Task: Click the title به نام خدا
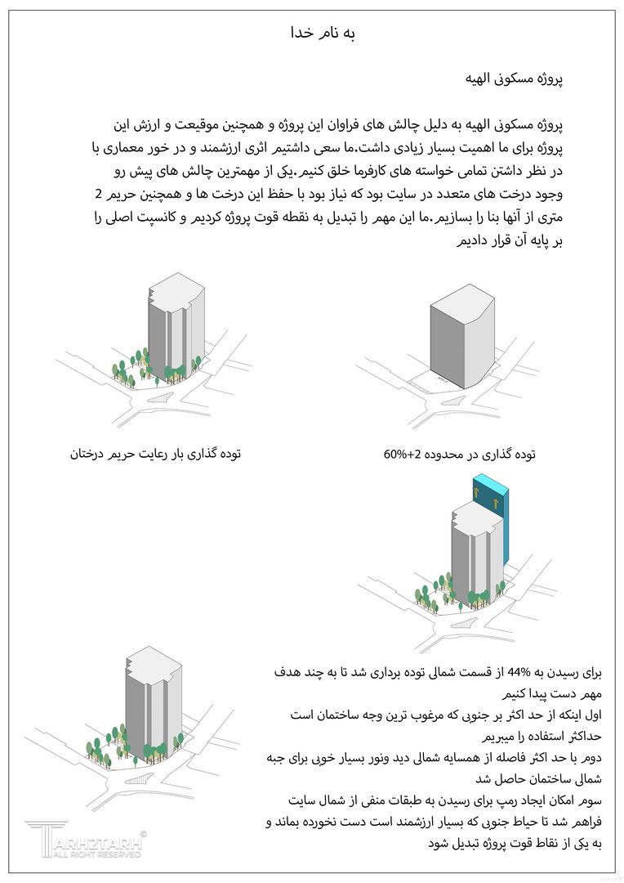click(x=323, y=34)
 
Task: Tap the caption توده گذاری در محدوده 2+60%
click(x=460, y=454)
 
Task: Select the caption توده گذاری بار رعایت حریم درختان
click(x=156, y=454)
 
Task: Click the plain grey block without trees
click(x=462, y=335)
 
